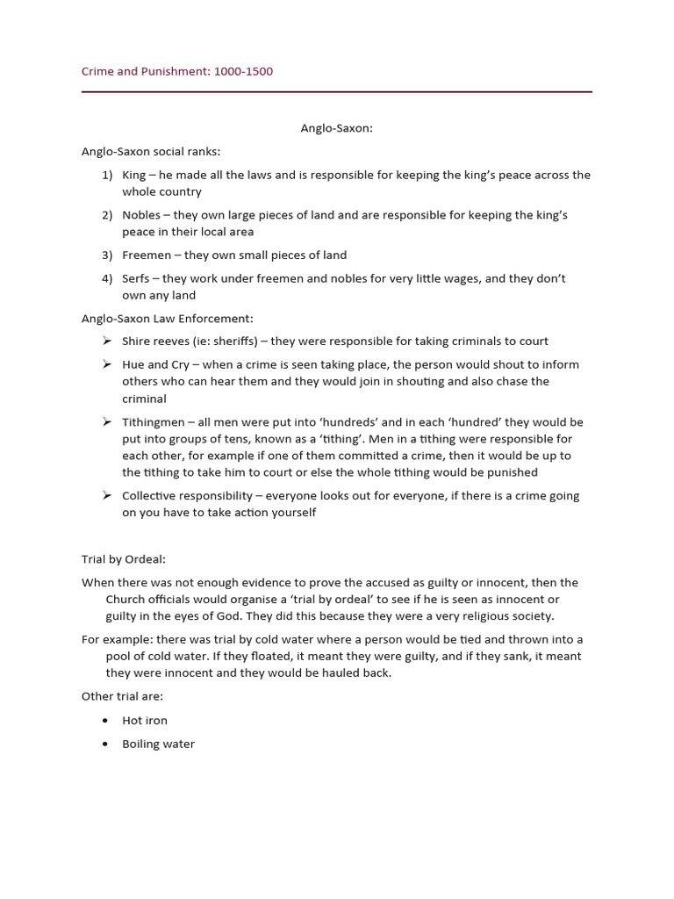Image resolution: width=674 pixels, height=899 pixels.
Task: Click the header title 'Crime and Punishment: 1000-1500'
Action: [x=177, y=71]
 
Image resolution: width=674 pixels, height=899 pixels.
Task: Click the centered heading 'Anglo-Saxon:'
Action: [x=337, y=128]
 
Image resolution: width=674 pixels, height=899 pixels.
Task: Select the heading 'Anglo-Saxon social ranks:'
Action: [x=151, y=151]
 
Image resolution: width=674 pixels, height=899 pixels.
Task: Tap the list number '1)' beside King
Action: [x=107, y=175]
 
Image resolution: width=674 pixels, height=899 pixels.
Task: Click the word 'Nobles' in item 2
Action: [x=141, y=215]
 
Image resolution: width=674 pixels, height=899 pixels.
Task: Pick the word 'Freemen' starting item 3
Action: [x=146, y=255]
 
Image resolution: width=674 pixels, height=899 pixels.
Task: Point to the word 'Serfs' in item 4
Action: [x=136, y=278]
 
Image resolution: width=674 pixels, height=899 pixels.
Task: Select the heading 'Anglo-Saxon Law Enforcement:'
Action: [x=167, y=319]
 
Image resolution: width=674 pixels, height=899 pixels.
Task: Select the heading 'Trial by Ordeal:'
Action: [x=124, y=558]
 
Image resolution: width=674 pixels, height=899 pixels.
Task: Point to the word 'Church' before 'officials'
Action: [x=125, y=600]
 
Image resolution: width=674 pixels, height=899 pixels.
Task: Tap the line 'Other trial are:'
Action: [x=122, y=696]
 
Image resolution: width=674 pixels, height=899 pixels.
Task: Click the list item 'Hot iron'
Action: [x=145, y=721]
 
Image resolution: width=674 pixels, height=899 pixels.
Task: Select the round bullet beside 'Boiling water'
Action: [x=105, y=744]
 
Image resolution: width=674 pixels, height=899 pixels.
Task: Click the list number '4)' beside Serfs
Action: [x=107, y=278]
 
